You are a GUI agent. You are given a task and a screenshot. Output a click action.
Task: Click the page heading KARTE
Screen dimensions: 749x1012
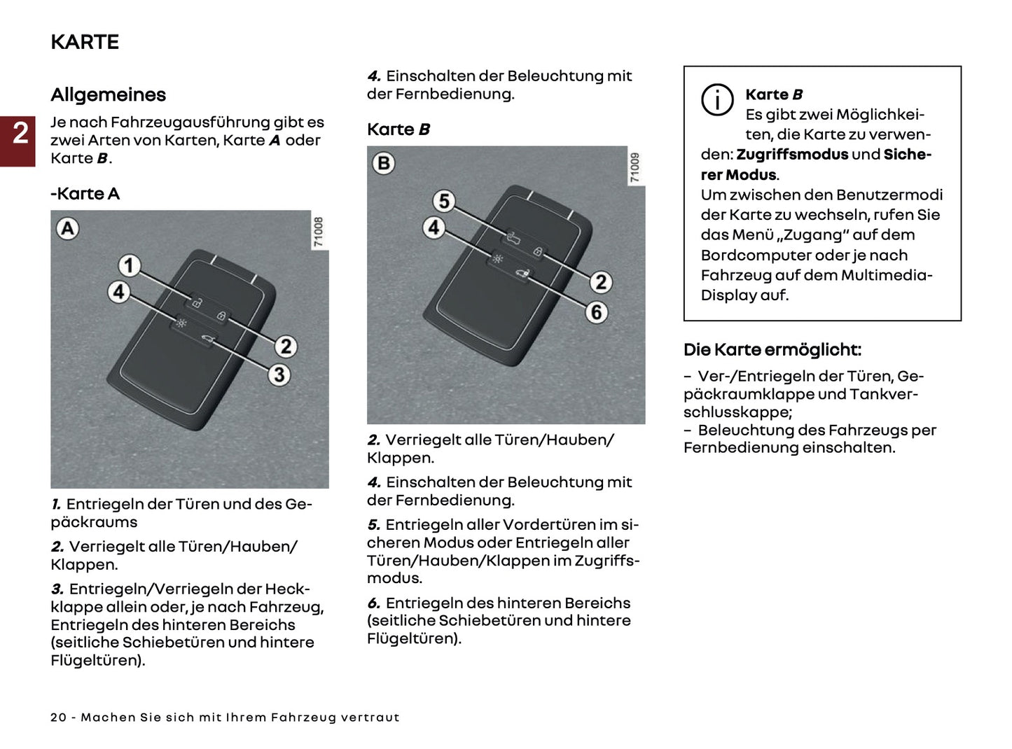click(85, 42)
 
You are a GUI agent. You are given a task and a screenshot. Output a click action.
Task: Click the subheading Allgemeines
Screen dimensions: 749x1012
click(108, 94)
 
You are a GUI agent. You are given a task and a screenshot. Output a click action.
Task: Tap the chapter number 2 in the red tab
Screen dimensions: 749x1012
click(20, 133)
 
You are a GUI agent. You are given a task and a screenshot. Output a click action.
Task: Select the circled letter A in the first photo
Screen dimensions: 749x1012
click(68, 228)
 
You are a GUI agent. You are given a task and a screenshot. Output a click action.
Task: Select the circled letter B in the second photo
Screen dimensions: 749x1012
click(384, 163)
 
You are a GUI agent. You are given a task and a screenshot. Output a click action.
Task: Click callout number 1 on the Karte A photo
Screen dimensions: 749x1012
click(128, 265)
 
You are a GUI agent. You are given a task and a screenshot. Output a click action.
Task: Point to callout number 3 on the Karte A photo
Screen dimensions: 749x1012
click(279, 374)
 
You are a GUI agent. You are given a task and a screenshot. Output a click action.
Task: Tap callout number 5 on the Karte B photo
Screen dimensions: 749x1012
click(444, 202)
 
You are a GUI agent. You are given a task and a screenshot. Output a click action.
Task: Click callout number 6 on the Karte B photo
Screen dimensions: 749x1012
click(596, 311)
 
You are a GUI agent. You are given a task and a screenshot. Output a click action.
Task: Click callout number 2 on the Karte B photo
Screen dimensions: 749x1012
click(600, 282)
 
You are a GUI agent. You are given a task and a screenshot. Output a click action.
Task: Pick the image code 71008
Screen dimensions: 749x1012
click(319, 232)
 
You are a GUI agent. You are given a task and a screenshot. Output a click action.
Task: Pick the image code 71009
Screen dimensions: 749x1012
click(635, 168)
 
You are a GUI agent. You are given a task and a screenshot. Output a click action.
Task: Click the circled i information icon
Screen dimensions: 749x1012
click(717, 99)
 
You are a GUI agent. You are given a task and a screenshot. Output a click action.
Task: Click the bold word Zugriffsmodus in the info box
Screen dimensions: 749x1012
click(791, 155)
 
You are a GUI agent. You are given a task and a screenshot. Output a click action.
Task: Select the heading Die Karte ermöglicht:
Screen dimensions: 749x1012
click(772, 349)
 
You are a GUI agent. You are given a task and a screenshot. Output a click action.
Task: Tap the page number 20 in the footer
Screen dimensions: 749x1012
click(59, 717)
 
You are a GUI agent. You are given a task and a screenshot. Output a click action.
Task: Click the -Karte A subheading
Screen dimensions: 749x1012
click(85, 194)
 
